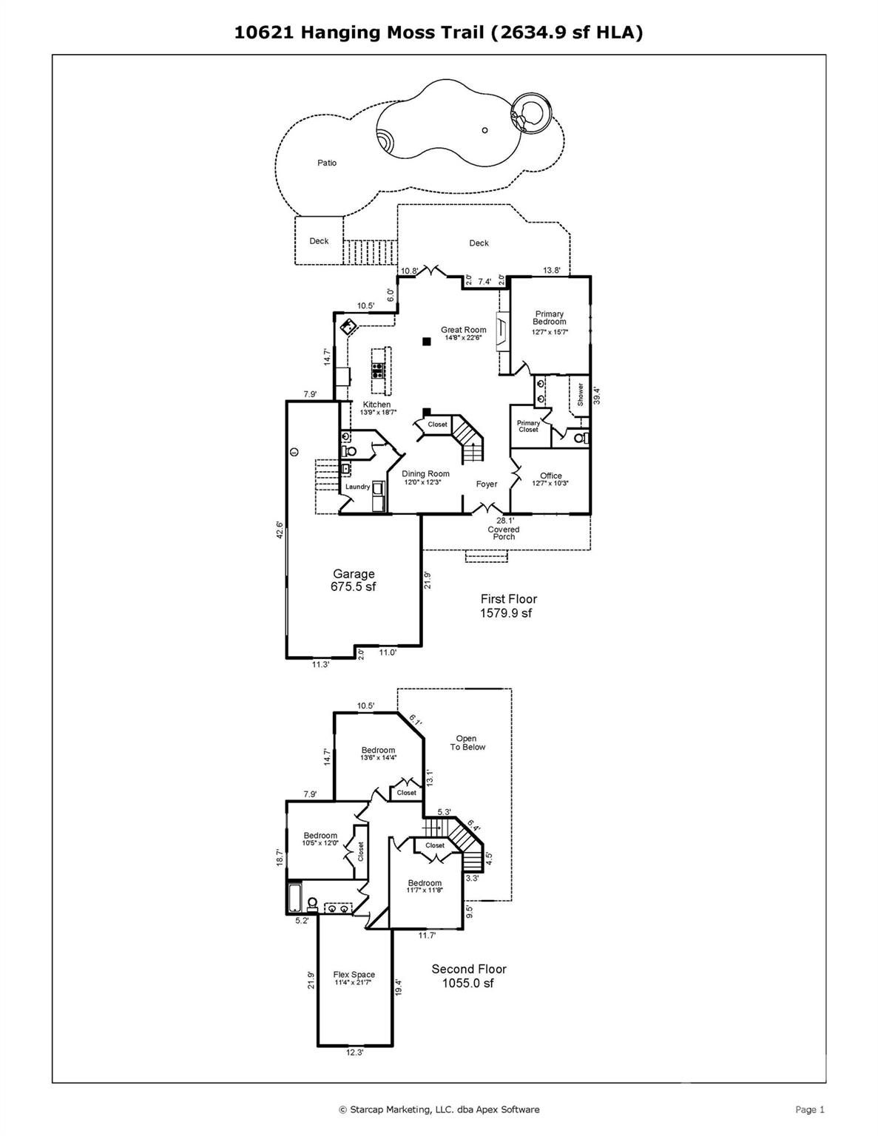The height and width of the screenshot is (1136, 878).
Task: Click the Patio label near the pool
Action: (327, 163)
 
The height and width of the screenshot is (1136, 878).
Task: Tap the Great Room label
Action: (464, 331)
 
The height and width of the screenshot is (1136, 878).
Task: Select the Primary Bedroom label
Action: (549, 318)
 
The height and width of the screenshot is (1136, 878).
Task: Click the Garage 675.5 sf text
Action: (354, 580)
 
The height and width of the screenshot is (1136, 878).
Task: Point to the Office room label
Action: (550, 476)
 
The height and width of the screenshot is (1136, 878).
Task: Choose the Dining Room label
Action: (425, 474)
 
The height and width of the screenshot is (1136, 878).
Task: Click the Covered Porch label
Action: (504, 532)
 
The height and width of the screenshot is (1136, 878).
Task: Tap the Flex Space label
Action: (354, 975)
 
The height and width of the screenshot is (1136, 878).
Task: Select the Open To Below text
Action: (467, 743)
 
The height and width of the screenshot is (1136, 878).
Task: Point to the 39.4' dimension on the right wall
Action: (597, 396)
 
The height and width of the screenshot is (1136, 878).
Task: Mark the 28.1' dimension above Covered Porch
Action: (505, 521)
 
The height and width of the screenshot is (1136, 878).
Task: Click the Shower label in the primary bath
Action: (581, 393)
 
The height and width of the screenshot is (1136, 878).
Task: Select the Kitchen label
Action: (376, 405)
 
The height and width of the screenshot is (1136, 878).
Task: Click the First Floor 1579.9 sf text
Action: (508, 606)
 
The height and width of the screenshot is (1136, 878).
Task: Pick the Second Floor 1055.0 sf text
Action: (469, 976)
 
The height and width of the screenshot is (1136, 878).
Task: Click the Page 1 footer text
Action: (809, 1109)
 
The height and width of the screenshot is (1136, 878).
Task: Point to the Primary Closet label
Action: (528, 426)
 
